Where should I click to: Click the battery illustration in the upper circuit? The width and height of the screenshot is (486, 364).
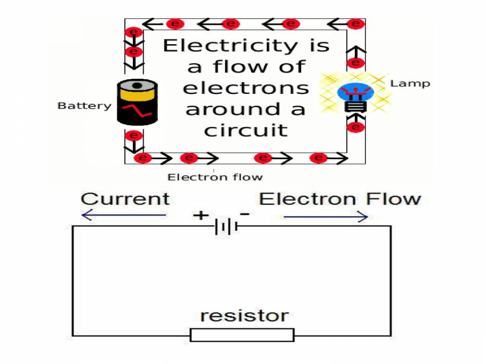(137, 102)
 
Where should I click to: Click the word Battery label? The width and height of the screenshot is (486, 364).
(84, 106)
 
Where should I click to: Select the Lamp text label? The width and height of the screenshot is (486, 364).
(410, 84)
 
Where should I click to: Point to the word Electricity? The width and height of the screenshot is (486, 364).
(246, 46)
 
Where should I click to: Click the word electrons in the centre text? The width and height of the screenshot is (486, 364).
(246, 88)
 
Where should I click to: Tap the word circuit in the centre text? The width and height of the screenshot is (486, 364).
(246, 130)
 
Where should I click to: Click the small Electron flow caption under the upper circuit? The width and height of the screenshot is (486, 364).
(215, 177)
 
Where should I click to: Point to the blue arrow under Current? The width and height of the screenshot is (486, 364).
(124, 216)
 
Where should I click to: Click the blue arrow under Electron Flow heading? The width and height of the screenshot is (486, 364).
(326, 217)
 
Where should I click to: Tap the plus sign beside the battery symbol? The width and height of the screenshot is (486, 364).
(200, 216)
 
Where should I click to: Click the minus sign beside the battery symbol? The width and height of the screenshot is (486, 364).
(245, 214)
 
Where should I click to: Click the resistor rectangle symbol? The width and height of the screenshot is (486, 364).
(242, 335)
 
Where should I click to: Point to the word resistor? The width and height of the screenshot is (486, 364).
(244, 315)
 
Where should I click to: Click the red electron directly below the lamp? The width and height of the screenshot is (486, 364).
(355, 127)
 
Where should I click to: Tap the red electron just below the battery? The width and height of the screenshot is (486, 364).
(133, 135)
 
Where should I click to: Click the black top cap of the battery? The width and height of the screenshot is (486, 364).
(137, 85)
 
